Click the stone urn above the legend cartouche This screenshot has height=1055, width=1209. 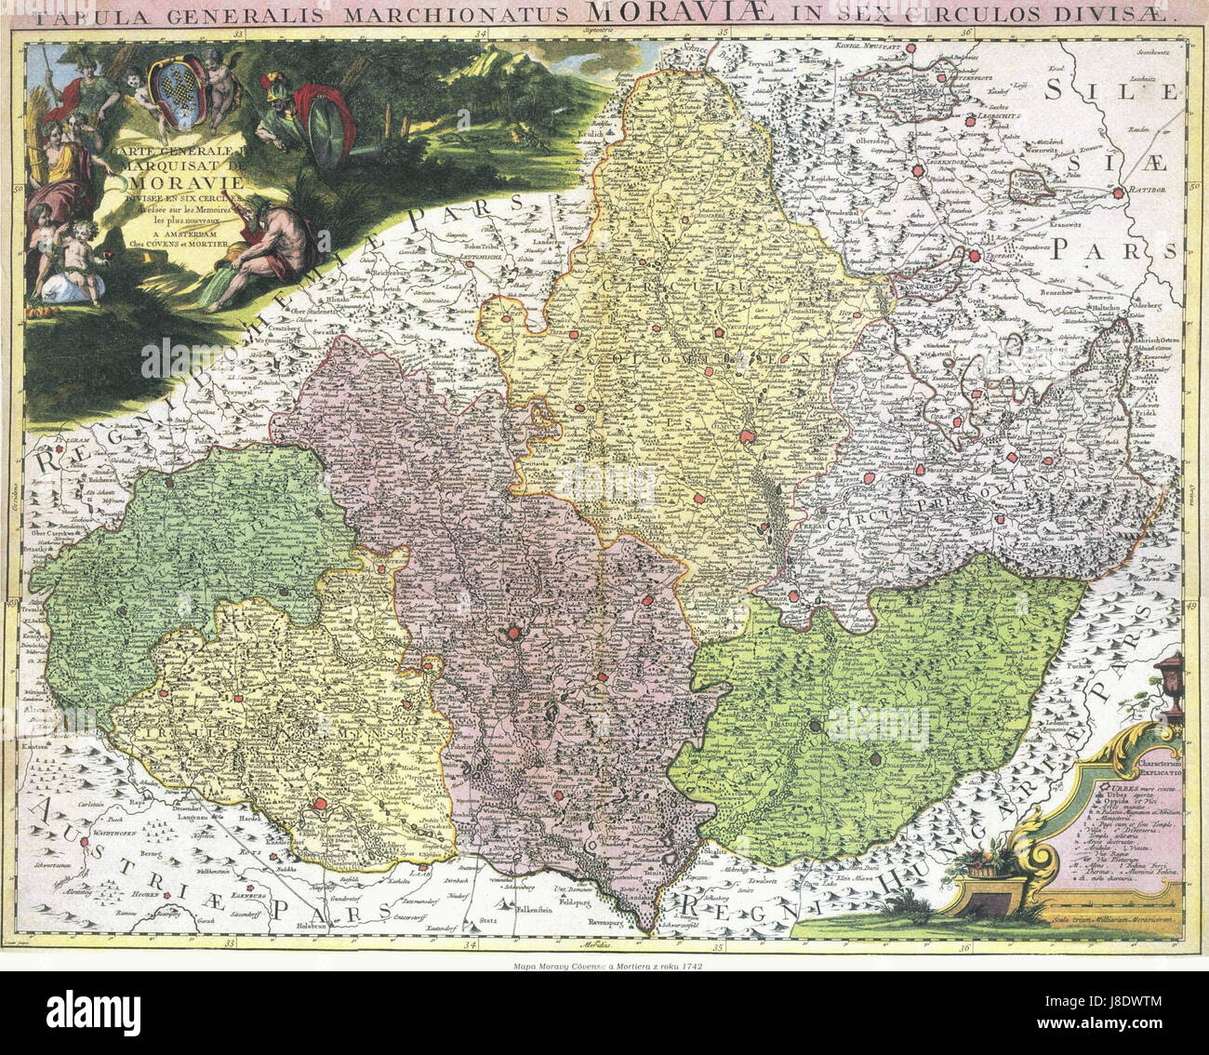click(x=1170, y=671)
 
